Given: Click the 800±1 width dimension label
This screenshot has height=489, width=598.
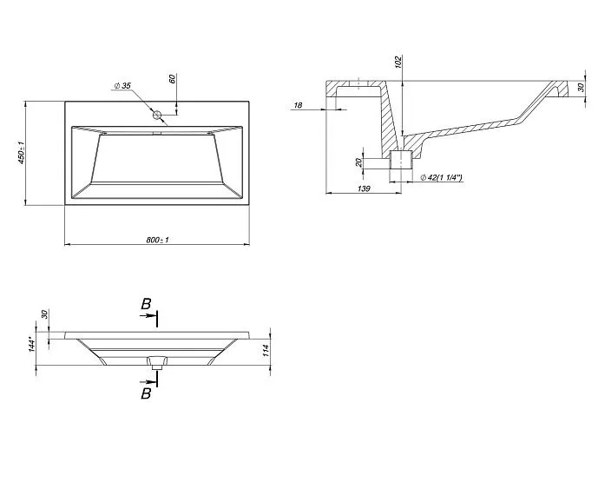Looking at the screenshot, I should coord(157,240).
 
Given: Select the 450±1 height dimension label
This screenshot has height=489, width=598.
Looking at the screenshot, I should coord(32,155).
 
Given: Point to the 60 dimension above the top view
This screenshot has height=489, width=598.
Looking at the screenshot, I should coord(174,79).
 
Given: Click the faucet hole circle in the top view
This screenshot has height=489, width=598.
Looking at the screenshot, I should coord(158,115).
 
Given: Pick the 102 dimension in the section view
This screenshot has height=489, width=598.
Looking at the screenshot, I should coord(398,63).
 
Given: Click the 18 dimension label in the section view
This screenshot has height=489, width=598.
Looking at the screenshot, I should coord(298,105).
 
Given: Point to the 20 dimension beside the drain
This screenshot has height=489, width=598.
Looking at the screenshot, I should coord(358,162).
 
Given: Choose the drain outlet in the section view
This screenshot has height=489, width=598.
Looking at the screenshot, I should coord(401,162).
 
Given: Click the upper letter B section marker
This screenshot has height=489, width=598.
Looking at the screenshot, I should coord(147,304).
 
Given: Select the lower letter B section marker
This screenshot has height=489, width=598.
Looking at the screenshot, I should coord(146,393).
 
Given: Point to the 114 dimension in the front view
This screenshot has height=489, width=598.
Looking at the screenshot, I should coord(266,351).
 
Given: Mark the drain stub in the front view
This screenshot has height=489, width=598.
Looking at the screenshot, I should coord(157,364).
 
